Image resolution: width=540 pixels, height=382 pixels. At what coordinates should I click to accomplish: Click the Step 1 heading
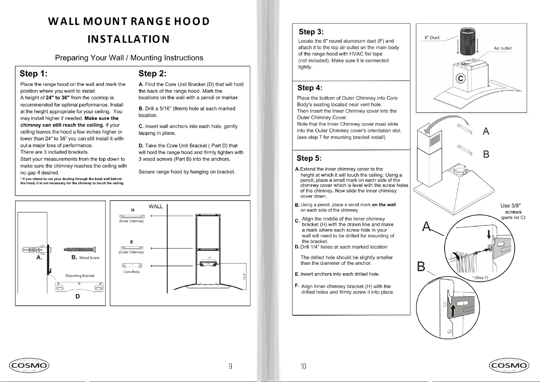tap(34, 73)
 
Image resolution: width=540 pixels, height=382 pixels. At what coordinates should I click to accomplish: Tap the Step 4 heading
tap(310, 87)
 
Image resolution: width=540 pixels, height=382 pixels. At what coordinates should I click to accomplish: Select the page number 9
tap(230, 366)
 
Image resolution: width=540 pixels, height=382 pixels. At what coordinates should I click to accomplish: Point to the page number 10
tap(303, 366)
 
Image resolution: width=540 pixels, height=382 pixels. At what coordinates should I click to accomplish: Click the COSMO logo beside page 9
tap(29, 365)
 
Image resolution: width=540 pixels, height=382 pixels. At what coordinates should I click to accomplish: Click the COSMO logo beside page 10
tap(509, 365)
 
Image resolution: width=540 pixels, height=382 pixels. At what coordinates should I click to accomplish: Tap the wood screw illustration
tap(80, 249)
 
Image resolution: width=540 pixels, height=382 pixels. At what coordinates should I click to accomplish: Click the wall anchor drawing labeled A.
tap(33, 249)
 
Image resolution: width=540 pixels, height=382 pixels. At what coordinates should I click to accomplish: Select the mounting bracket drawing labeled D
tap(79, 287)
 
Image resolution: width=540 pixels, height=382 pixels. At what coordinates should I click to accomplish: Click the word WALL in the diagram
tap(156, 207)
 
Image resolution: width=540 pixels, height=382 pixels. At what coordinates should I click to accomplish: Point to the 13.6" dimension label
tap(244, 277)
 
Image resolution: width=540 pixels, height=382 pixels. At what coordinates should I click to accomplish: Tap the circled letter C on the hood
tap(461, 79)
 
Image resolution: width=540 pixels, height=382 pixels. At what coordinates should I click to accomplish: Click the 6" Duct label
tap(432, 37)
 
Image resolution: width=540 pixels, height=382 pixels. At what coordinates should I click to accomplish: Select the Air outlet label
tap(503, 48)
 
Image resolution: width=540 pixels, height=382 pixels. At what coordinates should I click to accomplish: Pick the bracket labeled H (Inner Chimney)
tap(132, 216)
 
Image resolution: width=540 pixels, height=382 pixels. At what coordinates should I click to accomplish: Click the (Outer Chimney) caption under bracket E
tap(131, 252)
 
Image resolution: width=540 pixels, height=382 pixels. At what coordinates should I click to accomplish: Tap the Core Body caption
tap(132, 272)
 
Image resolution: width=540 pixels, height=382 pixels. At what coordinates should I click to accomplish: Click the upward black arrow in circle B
tap(453, 311)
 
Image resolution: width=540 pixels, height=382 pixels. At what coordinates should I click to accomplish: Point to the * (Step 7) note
tap(480, 278)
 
